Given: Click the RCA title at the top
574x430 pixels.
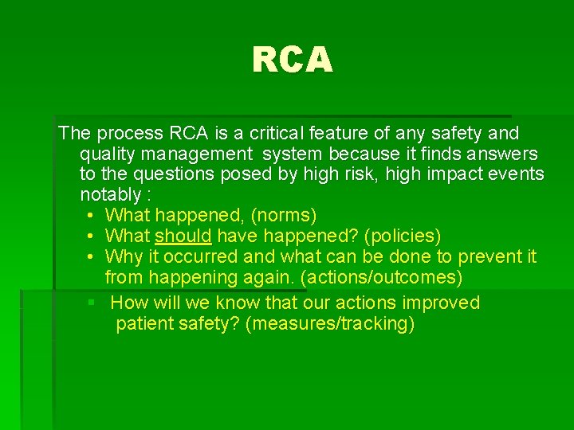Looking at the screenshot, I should point(292,61).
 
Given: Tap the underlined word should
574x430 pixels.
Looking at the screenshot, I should point(183,236).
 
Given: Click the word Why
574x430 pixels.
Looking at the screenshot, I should point(124,257).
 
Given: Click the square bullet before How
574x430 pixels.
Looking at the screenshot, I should point(92,303).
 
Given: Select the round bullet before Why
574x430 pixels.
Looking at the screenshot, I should point(92,257).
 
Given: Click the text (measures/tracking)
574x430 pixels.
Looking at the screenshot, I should point(330,324).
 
